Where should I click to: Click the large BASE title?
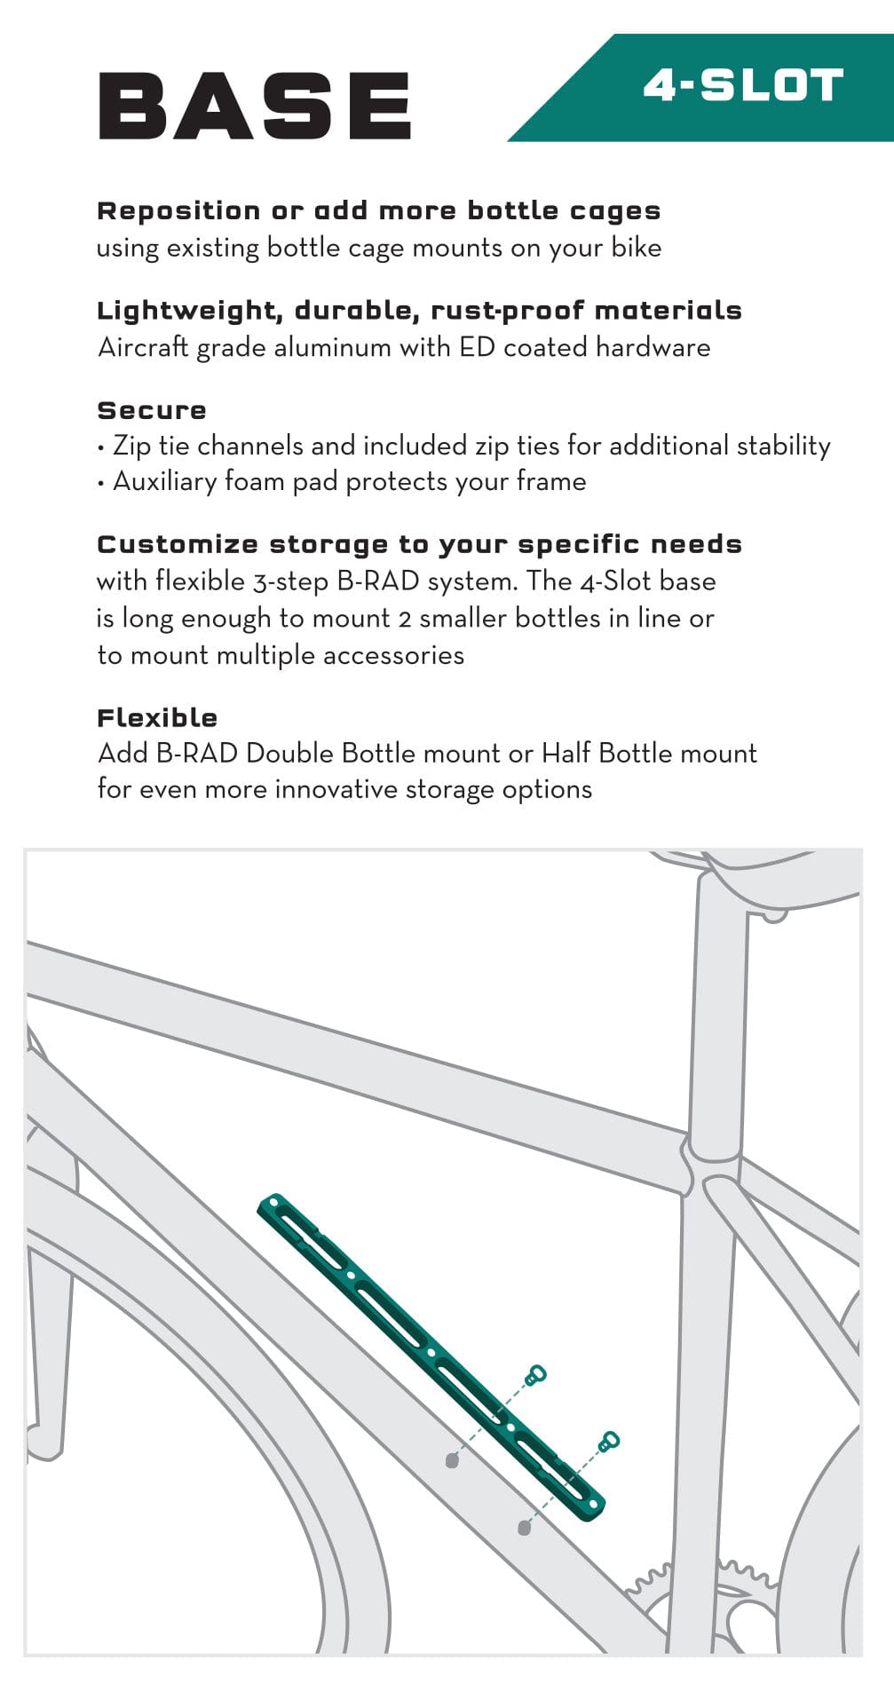pos(255,106)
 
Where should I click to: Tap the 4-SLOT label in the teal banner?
pos(743,86)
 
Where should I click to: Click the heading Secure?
pos(152,410)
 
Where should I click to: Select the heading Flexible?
pos(157,717)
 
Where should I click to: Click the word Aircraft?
pos(143,347)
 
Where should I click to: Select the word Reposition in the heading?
pos(178,211)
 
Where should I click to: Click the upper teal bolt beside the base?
pos(535,1375)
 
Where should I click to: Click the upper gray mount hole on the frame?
pos(452,1460)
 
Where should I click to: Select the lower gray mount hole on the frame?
pos(524,1528)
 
